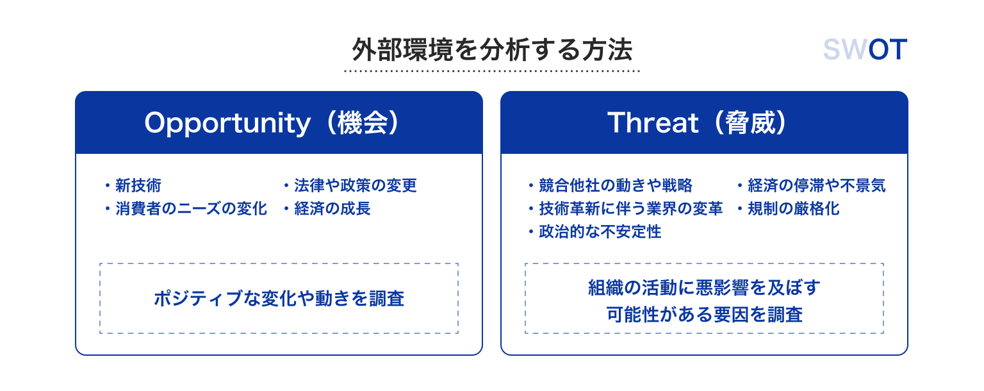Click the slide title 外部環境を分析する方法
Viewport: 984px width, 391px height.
pos(492,49)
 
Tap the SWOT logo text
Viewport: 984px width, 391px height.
pos(865,49)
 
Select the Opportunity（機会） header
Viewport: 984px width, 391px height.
pos(272,122)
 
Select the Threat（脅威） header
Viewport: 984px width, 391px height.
pos(697,122)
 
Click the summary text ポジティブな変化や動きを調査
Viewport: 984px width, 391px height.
pos(279,298)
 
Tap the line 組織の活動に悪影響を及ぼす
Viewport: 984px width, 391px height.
pos(704,288)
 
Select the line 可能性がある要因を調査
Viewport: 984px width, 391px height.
pos(704,315)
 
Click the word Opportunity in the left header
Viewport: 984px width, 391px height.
pos(227,124)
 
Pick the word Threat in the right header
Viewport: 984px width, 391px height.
pos(653,122)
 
